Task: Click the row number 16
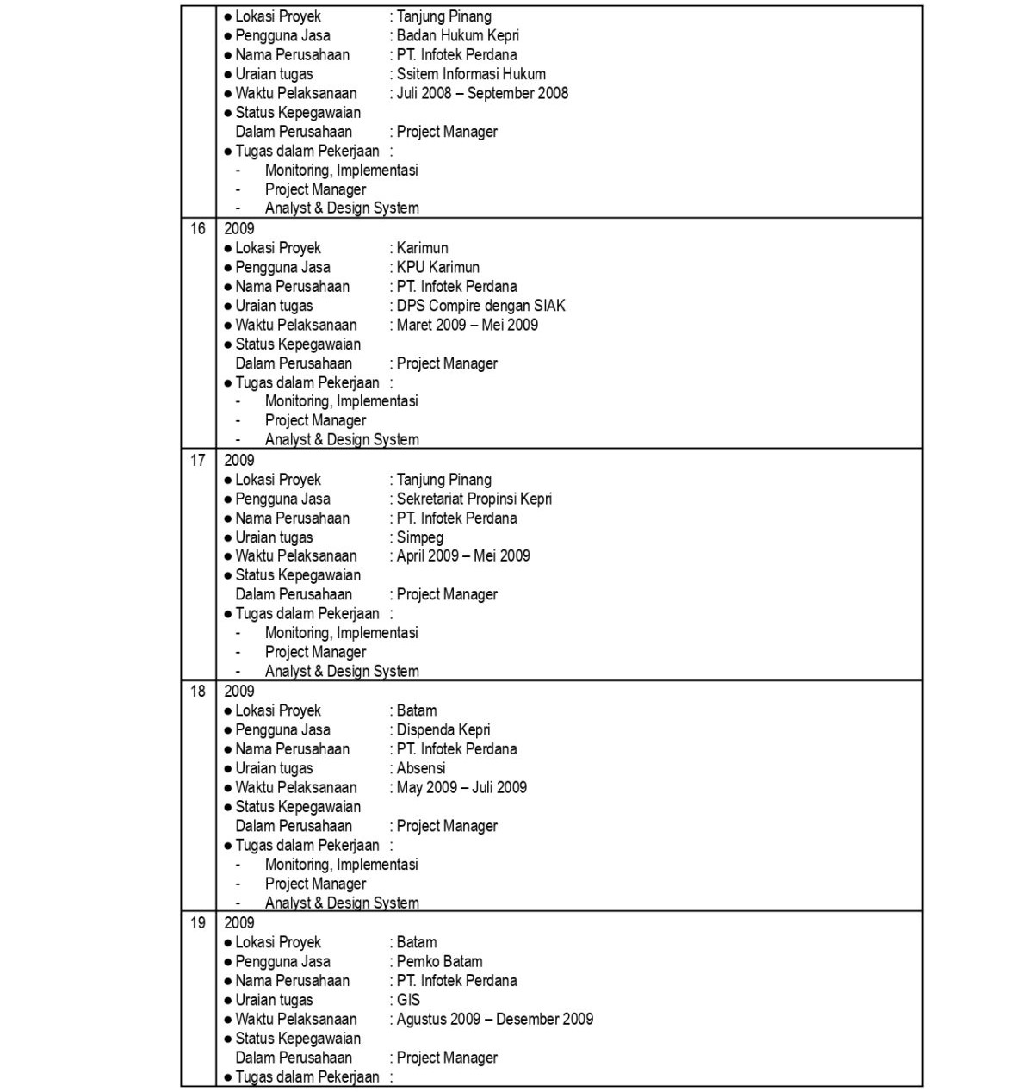tap(198, 229)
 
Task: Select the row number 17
tap(198, 461)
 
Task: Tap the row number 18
tap(198, 692)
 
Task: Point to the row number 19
tap(198, 923)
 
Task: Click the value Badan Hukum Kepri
tap(457, 36)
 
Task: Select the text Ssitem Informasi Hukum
tap(471, 74)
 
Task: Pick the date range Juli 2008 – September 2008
tap(482, 93)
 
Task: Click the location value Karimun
tap(422, 248)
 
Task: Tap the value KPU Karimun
tap(437, 268)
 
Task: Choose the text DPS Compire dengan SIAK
tap(480, 306)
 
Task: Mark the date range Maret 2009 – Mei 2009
tap(467, 325)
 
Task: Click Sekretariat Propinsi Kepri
tap(474, 499)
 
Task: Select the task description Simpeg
tap(419, 537)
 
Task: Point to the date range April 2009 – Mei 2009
tap(463, 556)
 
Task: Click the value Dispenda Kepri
tap(443, 730)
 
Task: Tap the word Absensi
tap(421, 768)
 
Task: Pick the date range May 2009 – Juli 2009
tap(461, 787)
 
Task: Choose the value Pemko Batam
tap(439, 962)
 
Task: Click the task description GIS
tap(408, 1000)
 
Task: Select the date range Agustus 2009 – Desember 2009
tap(494, 1020)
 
